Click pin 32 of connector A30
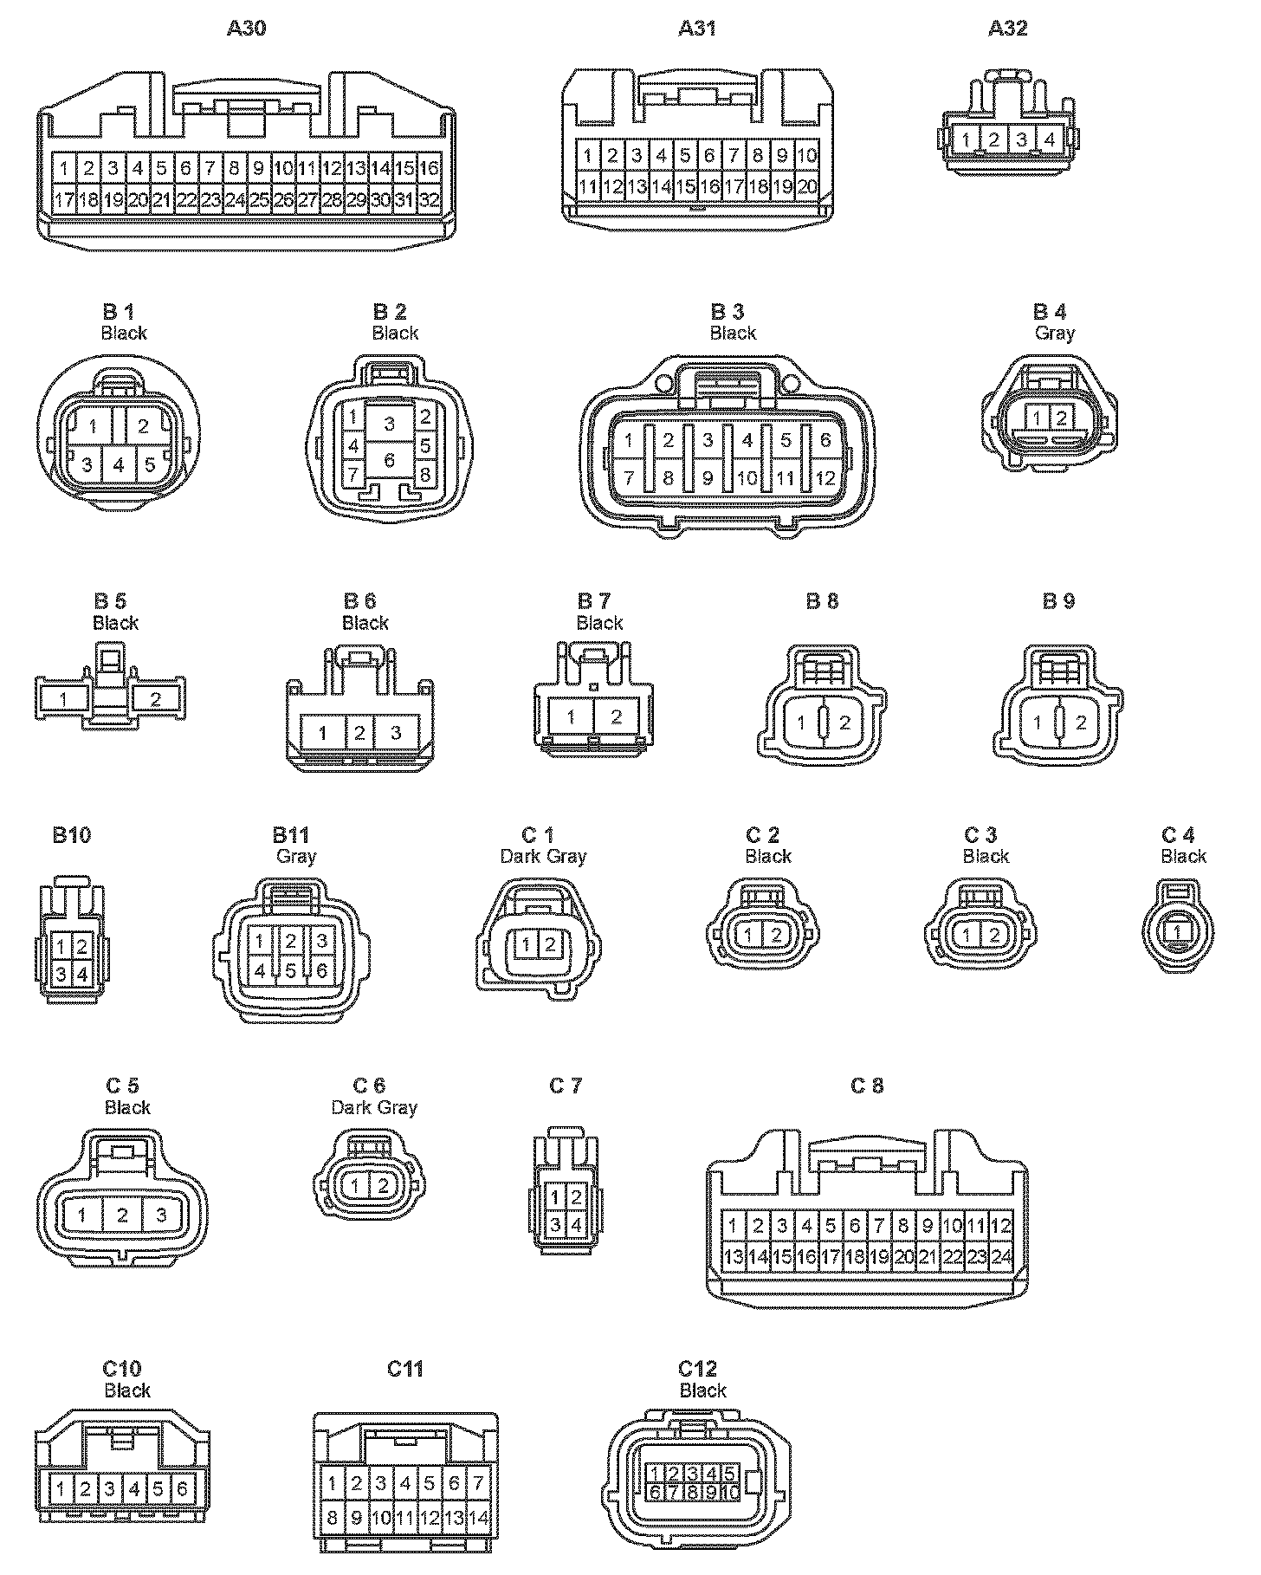(x=430, y=200)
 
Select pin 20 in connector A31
(x=807, y=186)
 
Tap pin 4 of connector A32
(x=1049, y=139)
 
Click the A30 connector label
(x=247, y=28)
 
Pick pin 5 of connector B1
(x=150, y=464)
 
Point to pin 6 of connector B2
(x=390, y=460)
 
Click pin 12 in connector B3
(x=824, y=477)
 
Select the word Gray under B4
(x=1054, y=333)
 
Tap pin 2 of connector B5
(x=156, y=698)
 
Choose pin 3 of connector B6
(x=396, y=733)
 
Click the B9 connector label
(x=1058, y=600)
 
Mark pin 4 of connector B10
(x=82, y=974)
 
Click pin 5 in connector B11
(x=291, y=971)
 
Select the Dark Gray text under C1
(x=543, y=856)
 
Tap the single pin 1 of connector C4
(x=1177, y=932)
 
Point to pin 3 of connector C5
(x=161, y=1215)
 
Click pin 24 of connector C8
(x=1002, y=1256)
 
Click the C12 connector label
(x=698, y=1369)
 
